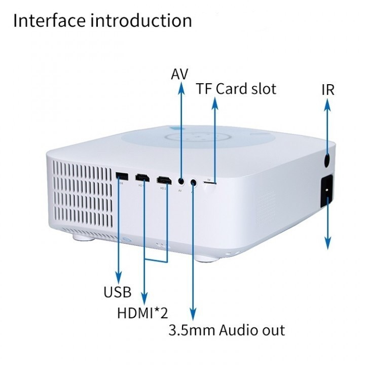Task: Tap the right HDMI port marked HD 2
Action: click(x=164, y=180)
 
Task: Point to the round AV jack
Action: click(x=181, y=180)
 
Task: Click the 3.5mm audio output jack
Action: click(x=193, y=181)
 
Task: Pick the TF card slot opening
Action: click(x=209, y=181)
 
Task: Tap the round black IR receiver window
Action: click(x=327, y=161)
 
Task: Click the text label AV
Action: click(x=180, y=74)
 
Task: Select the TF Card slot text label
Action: click(x=236, y=89)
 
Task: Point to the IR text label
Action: click(x=328, y=90)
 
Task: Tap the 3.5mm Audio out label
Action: click(x=227, y=331)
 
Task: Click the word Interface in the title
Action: click(x=48, y=21)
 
